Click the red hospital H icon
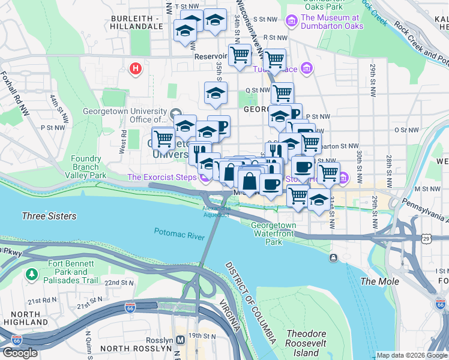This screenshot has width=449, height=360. [136, 68]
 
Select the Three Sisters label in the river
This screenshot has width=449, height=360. [49, 216]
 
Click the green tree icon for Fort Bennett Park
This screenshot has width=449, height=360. [31, 274]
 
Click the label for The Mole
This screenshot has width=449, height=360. [375, 281]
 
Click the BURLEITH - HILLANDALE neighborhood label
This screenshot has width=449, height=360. [137, 23]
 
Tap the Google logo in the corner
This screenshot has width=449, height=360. [20, 353]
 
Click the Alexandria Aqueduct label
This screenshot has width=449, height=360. [215, 211]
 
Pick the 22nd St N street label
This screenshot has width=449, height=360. [119, 282]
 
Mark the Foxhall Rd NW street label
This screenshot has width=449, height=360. [14, 94]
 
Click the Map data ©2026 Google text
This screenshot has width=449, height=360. [412, 355]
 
